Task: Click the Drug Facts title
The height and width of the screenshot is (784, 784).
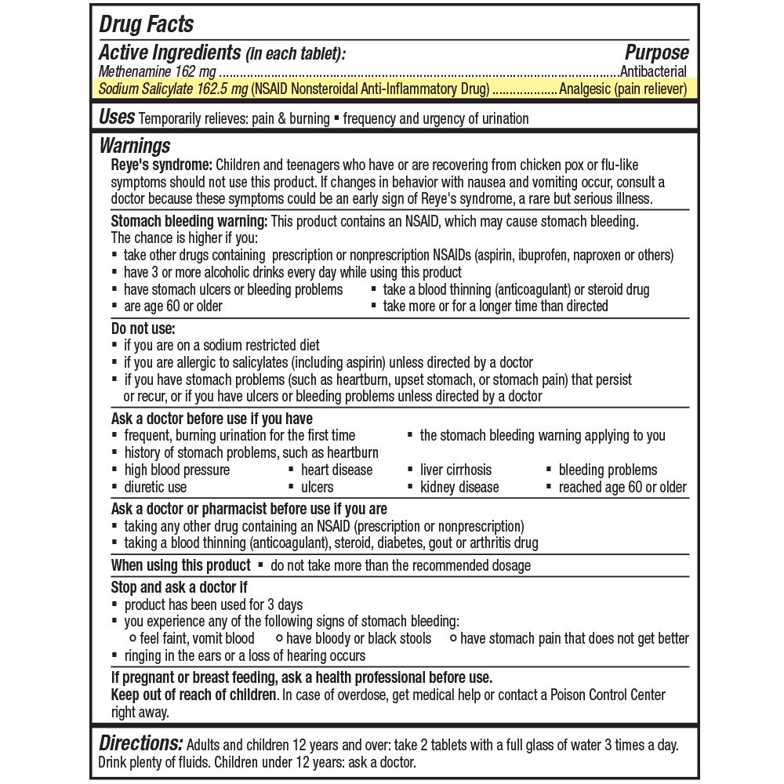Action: coord(147,24)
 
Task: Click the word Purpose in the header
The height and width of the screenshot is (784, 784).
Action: coord(656,53)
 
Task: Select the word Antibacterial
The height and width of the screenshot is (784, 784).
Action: coord(653,72)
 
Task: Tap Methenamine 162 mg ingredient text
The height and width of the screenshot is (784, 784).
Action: coord(147,72)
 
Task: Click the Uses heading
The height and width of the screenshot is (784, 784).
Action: coord(117,118)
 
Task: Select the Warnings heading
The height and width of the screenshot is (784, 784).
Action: coord(135,146)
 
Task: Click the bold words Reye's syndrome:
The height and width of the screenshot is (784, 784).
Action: coord(161,165)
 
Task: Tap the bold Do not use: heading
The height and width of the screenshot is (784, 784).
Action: coord(143,328)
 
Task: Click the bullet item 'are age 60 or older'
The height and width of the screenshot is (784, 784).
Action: coord(172,306)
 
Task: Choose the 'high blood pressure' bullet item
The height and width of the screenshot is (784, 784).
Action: coord(176,470)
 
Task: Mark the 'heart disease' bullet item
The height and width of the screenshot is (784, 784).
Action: coord(336,470)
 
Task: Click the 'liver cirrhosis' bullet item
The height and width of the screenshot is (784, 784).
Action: coord(456,470)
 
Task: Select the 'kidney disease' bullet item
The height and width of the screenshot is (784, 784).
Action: coord(459,487)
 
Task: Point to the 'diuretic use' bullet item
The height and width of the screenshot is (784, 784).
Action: coord(155,487)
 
